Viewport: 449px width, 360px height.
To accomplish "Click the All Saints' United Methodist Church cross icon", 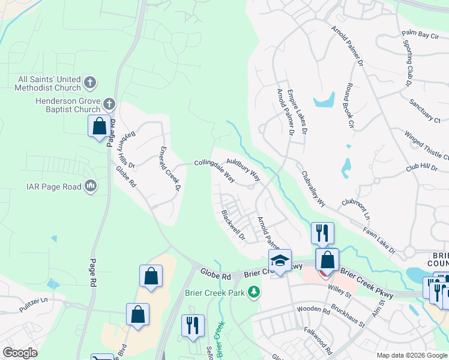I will [90, 82].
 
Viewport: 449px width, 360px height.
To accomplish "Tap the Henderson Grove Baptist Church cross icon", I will [109, 104].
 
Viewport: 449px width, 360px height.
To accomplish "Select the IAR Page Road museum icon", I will [91, 186].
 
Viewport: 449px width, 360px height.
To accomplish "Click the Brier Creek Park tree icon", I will [255, 292].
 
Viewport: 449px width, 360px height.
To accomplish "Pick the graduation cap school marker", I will [280, 260].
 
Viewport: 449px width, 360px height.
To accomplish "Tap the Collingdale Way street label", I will [214, 170].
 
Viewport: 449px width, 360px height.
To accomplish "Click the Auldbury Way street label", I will [243, 170].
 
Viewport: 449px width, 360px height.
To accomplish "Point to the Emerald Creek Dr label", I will [170, 169].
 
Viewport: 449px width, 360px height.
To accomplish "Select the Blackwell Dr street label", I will [233, 224].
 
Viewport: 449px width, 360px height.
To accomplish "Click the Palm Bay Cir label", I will [420, 36].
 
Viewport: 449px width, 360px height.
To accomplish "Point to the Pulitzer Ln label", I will [28, 298].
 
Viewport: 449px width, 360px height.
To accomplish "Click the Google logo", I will [20, 353].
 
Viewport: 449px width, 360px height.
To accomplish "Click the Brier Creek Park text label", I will [215, 293].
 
